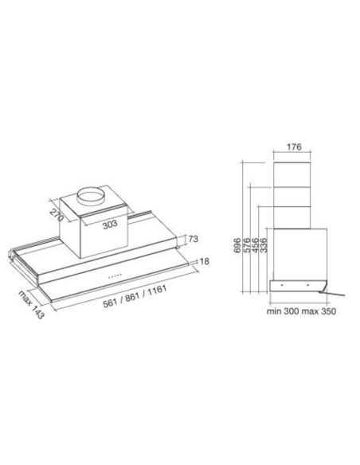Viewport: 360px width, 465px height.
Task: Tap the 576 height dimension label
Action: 246,244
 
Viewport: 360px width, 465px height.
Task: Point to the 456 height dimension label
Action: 254,244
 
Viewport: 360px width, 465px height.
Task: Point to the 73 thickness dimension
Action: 194,237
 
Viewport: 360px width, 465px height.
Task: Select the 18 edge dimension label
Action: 204,260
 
